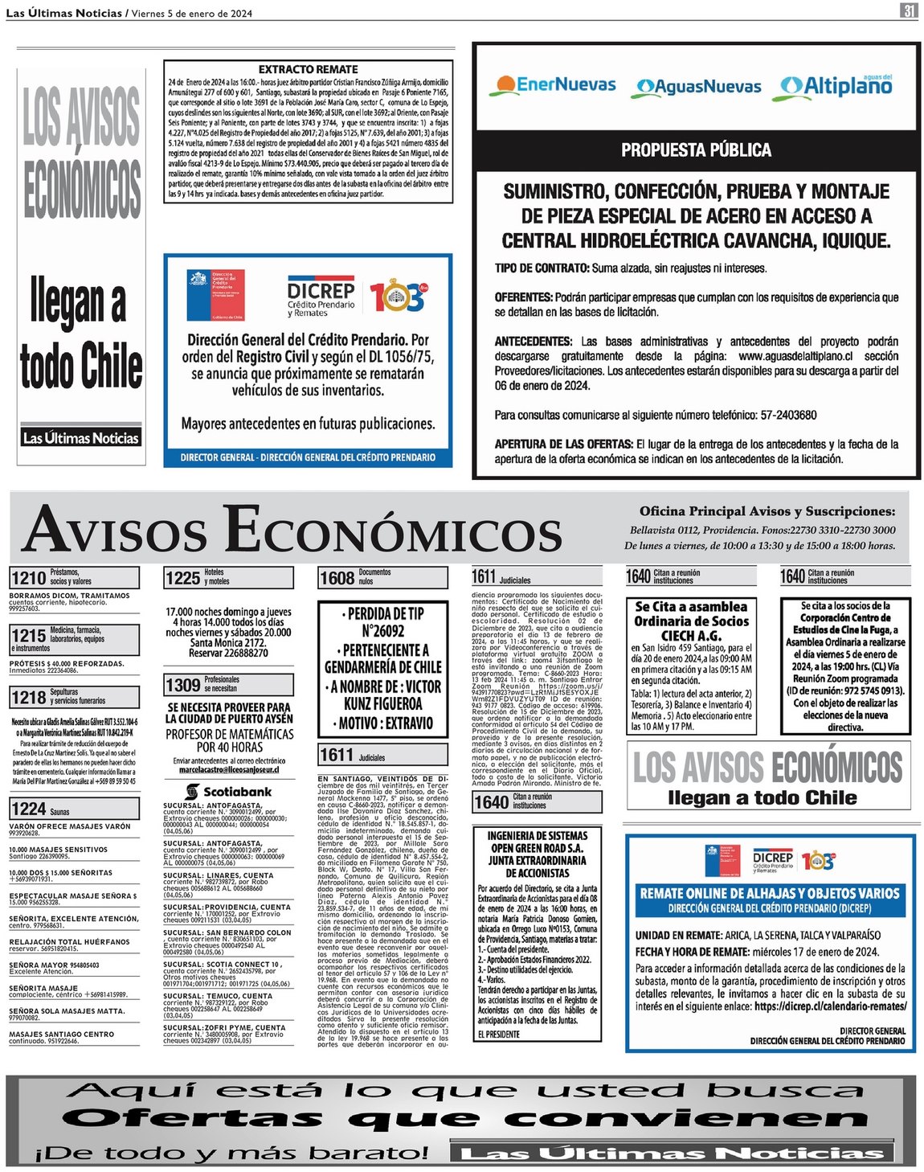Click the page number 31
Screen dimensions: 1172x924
[909, 11]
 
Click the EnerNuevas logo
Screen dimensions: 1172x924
[554, 85]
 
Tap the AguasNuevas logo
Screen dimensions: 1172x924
[698, 87]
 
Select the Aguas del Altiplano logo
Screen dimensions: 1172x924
[836, 84]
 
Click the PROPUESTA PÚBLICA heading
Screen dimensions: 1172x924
[696, 150]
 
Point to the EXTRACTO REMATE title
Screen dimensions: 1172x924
[308, 70]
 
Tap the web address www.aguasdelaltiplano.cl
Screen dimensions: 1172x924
[796, 356]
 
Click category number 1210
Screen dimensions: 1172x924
[28, 578]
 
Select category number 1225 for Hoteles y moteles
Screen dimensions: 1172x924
[182, 578]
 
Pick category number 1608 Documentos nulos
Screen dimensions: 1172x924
[337, 578]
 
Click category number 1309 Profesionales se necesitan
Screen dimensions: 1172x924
[182, 685]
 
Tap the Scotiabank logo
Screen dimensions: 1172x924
[228, 792]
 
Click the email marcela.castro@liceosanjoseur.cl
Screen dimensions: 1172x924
[228, 770]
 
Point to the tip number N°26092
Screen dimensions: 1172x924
[383, 632]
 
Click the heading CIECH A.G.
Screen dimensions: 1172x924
[691, 636]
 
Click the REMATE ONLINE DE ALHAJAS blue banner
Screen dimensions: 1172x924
[769, 899]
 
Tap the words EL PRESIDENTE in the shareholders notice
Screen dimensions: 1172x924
[498, 1035]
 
